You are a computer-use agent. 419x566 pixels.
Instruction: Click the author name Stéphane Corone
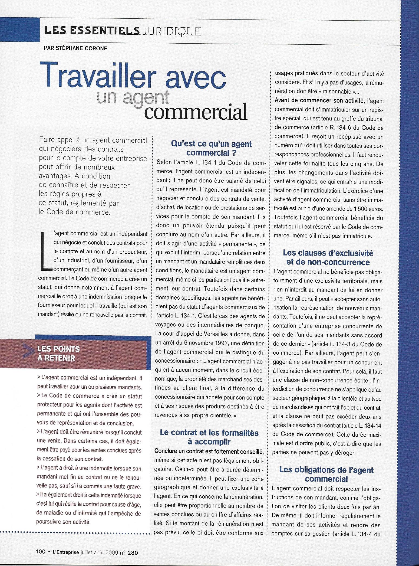[x=75, y=48]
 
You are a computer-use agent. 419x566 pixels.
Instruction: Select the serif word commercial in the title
[x=197, y=112]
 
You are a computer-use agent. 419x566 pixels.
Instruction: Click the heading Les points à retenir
[x=59, y=354]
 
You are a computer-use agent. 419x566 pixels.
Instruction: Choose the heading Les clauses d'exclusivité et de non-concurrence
[x=328, y=257]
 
